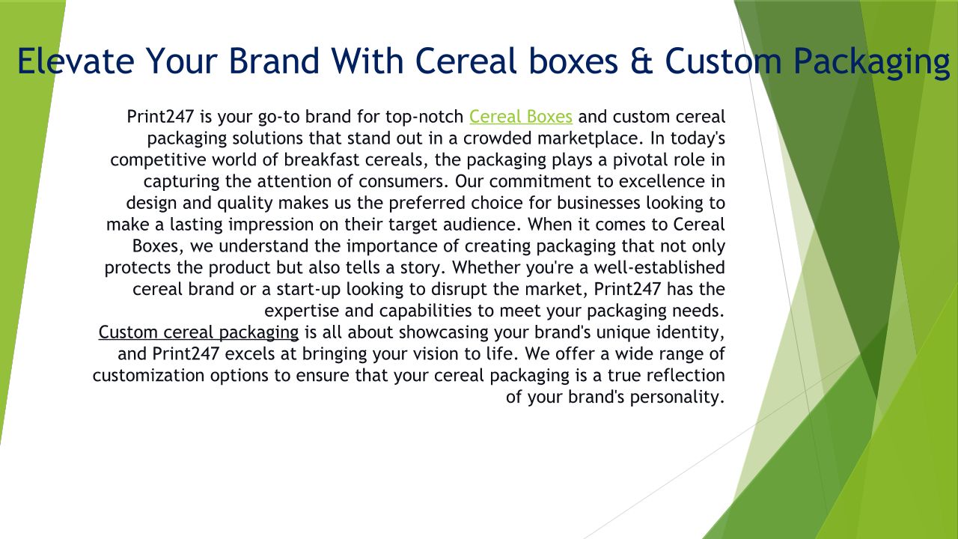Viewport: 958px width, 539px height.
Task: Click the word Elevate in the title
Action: (x=76, y=61)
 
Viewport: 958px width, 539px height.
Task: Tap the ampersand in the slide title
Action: (x=641, y=61)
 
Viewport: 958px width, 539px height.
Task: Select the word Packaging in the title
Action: (x=872, y=63)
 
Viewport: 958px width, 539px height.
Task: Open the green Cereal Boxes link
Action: (x=520, y=116)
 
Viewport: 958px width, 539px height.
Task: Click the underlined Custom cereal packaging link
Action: (x=198, y=332)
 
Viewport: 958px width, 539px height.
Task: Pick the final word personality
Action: (x=677, y=397)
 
